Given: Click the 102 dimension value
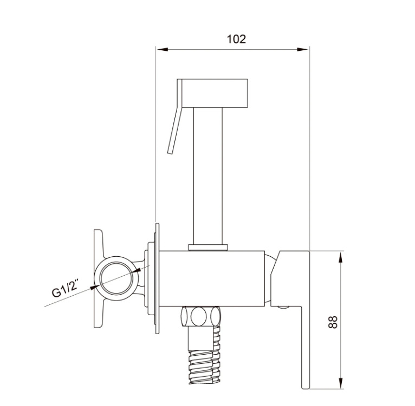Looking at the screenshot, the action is pyautogui.click(x=236, y=39).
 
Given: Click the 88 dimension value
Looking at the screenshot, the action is pyautogui.click(x=333, y=322).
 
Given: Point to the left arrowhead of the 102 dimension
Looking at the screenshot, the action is pyautogui.click(x=162, y=49).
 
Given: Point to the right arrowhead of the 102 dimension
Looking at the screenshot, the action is pyautogui.click(x=302, y=49).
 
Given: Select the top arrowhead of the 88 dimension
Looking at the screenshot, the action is pyautogui.click(x=341, y=257).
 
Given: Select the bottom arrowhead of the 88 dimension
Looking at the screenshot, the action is pyautogui.click(x=341, y=383).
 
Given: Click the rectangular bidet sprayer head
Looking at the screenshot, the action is pyautogui.click(x=215, y=93).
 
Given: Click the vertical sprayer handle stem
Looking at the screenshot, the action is pyautogui.click(x=208, y=176).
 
